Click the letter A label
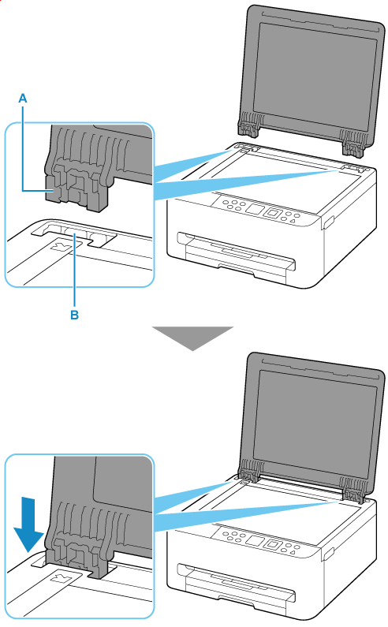pyautogui.click(x=23, y=98)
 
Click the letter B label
pyautogui.click(x=74, y=315)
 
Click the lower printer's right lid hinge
pyautogui.click(x=355, y=491)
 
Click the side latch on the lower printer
pyautogui.click(x=328, y=554)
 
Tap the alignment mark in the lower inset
pyautogui.click(x=62, y=579)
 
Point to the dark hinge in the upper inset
pyautogui.click(x=78, y=168)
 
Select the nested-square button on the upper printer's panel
pyautogui.click(x=273, y=213)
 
